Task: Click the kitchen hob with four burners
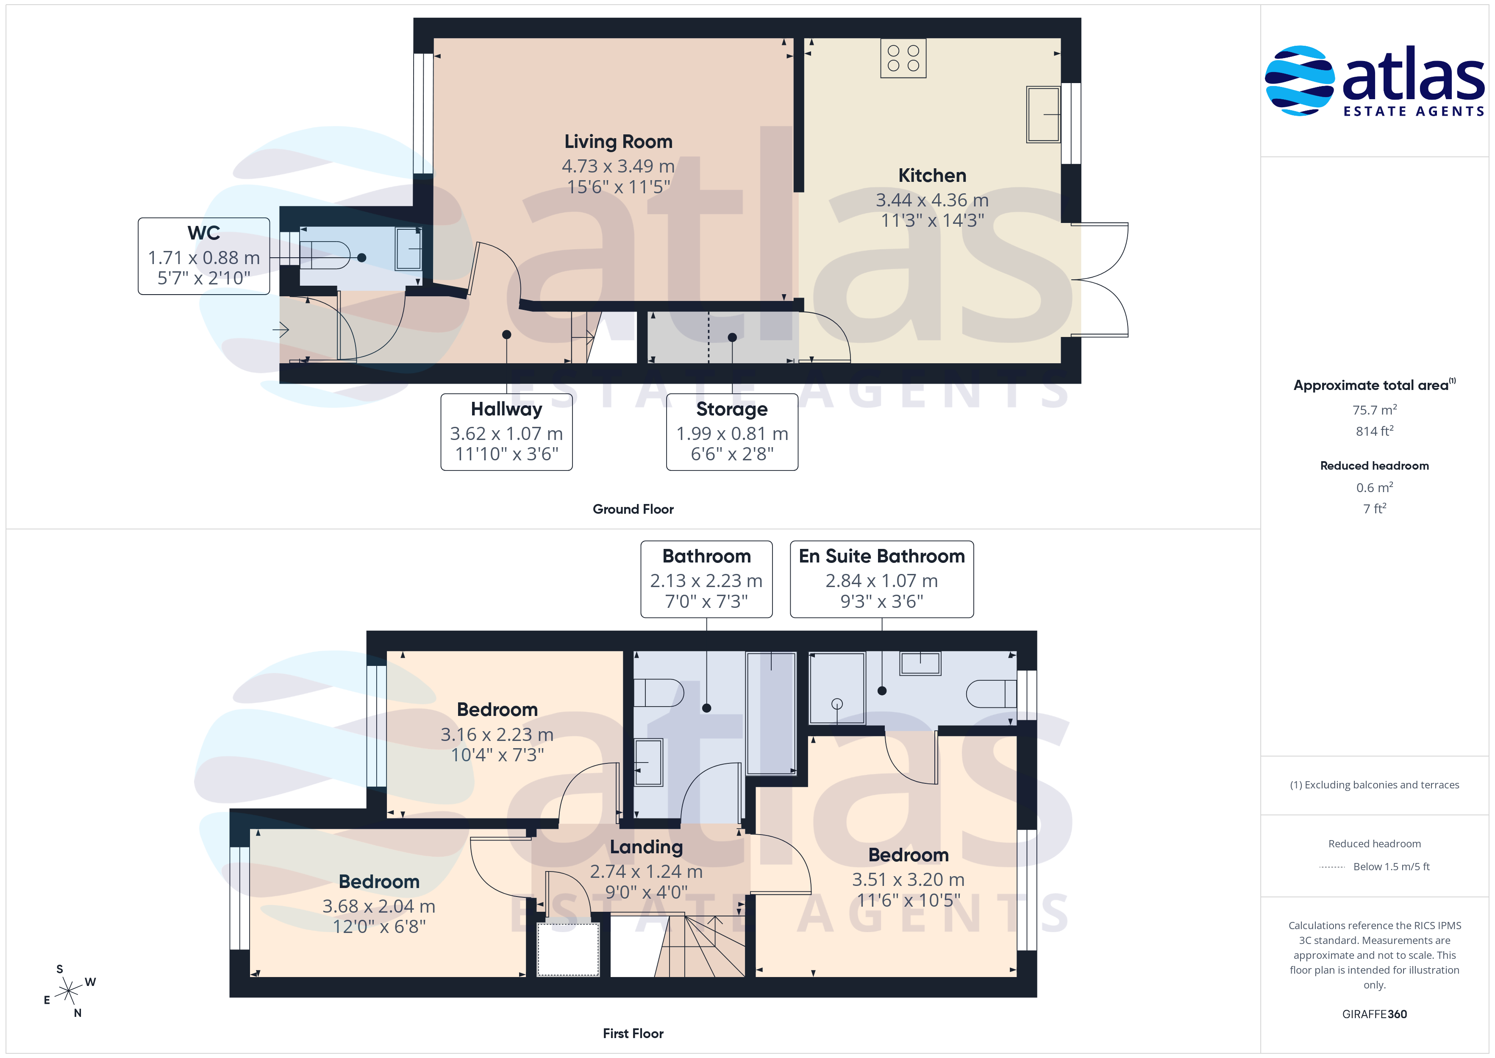[x=903, y=58]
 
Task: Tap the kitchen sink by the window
[x=1044, y=114]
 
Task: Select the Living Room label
[x=618, y=142]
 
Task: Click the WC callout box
[x=204, y=256]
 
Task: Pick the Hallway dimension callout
[x=506, y=432]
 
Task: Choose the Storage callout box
[x=732, y=432]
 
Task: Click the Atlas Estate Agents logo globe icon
[x=1299, y=81]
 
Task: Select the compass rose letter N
[x=78, y=1013]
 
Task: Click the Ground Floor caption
[x=633, y=510]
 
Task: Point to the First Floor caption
[x=633, y=1033]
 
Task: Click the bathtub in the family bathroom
[x=771, y=713]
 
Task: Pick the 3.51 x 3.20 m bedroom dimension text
[x=909, y=880]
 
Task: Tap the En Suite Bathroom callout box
[x=882, y=579]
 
